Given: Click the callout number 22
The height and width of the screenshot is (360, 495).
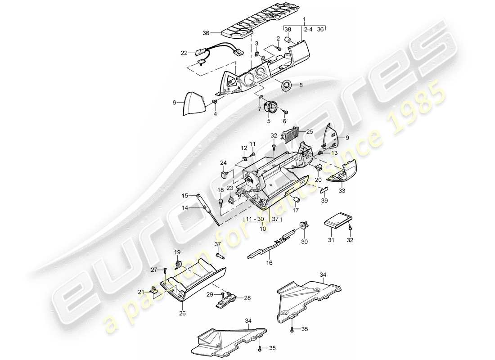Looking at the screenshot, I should click(184, 53).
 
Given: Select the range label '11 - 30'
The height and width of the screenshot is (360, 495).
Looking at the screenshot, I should click(254, 219).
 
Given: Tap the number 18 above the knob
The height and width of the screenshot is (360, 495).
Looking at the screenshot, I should click(220, 190).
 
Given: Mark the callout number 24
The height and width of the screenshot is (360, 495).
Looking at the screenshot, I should click(224, 162).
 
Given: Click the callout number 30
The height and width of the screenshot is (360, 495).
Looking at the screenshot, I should click(305, 241).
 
